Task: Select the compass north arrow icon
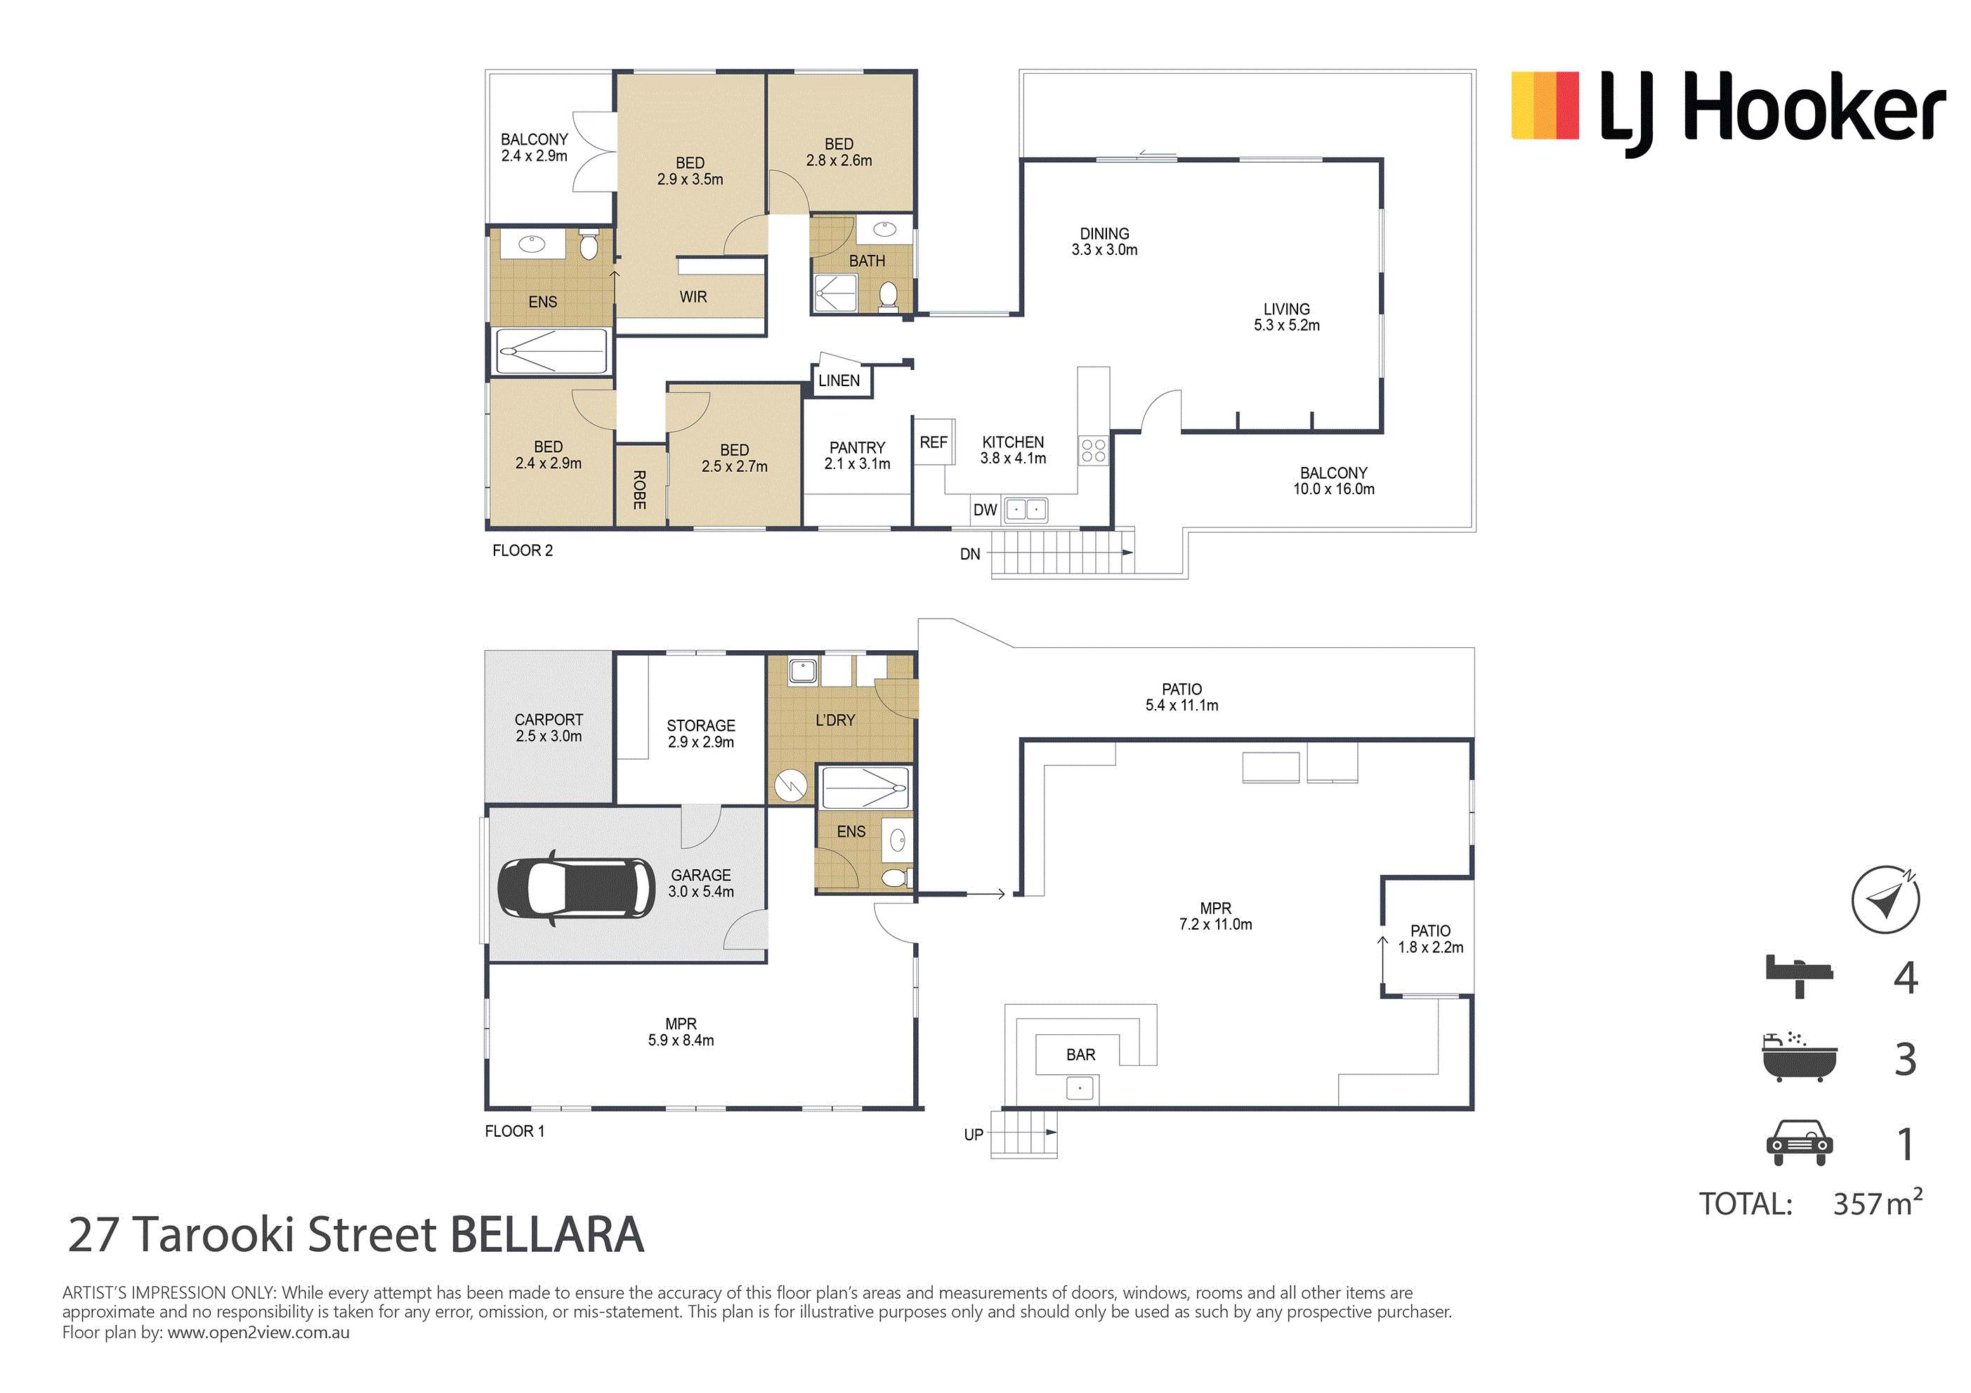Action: pyautogui.click(x=1885, y=899)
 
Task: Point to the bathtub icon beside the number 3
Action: pyautogui.click(x=1800, y=1057)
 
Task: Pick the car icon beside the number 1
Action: pyautogui.click(x=1800, y=1142)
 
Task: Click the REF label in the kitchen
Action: pyautogui.click(x=933, y=442)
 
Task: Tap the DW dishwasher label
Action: pyautogui.click(x=985, y=510)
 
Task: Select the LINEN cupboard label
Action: pyautogui.click(x=839, y=381)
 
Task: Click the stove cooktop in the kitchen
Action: pyautogui.click(x=1093, y=451)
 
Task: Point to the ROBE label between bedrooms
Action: pyautogui.click(x=639, y=489)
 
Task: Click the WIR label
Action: pyautogui.click(x=693, y=297)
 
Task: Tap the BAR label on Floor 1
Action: pyautogui.click(x=1081, y=1055)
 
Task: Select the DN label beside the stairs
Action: pyautogui.click(x=970, y=555)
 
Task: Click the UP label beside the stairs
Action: pyautogui.click(x=974, y=1135)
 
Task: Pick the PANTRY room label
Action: pyautogui.click(x=857, y=447)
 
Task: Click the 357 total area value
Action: pyautogui.click(x=1858, y=1204)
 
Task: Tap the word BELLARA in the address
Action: pyautogui.click(x=546, y=1234)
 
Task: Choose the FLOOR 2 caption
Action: pyautogui.click(x=522, y=550)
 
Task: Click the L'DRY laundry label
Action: pyautogui.click(x=835, y=720)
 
